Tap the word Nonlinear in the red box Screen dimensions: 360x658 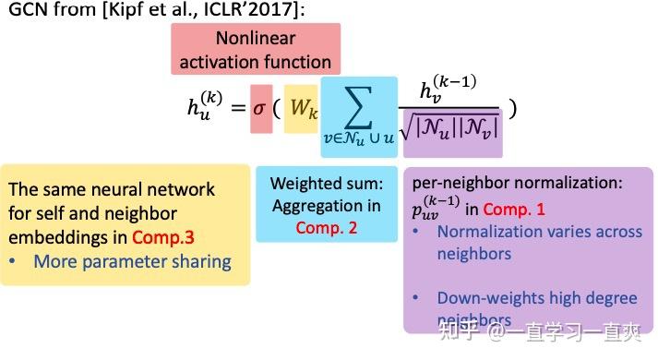point(255,39)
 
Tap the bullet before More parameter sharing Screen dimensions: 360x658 point(14,262)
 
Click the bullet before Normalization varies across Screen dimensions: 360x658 point(418,233)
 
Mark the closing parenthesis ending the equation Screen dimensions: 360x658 point(513,107)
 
